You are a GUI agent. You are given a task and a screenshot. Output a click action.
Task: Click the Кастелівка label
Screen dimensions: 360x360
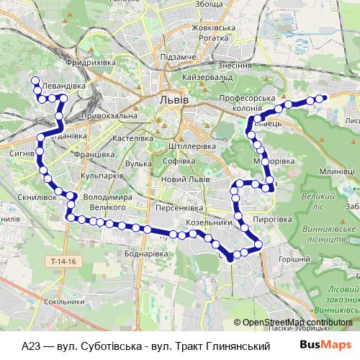tap(130, 137)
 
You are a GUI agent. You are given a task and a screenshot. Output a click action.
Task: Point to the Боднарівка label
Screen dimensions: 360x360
tap(146, 254)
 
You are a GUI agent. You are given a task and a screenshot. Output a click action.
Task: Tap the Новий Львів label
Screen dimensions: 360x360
tap(185, 179)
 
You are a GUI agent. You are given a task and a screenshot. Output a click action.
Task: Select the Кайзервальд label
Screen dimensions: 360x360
tap(206, 76)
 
